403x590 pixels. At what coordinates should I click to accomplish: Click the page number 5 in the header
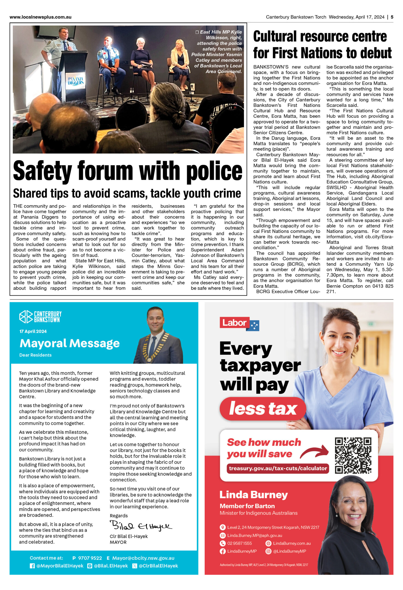pos(392,17)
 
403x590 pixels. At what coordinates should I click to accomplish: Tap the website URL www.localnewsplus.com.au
pos(40,17)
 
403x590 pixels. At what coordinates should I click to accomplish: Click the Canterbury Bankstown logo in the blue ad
pos(40,317)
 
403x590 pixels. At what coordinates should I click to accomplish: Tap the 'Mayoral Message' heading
pos(70,343)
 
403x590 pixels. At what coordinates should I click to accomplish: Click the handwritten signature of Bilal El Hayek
pos(140,526)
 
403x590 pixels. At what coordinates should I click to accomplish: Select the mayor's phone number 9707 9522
pos(90,558)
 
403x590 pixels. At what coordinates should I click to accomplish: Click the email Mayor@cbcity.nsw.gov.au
pos(143,558)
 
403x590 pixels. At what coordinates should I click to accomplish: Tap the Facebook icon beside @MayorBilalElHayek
pos(32,566)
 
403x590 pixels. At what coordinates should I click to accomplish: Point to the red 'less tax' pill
pos(263,408)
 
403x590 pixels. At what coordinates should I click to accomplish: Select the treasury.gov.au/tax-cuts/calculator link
pos(278,468)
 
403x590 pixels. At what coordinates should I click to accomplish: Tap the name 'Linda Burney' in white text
pos(253,495)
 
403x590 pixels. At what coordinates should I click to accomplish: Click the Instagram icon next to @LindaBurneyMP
pos(268,551)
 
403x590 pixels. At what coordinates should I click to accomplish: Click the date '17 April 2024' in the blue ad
pos(33,331)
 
